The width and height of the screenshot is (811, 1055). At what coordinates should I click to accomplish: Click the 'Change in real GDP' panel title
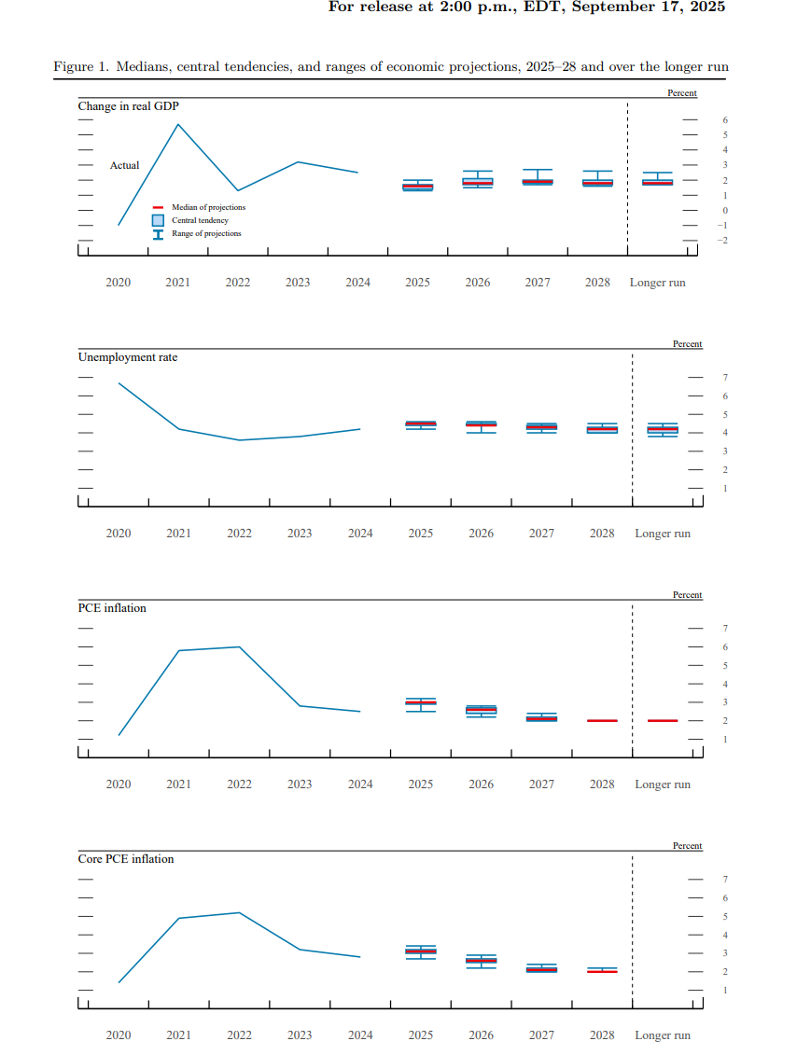point(128,106)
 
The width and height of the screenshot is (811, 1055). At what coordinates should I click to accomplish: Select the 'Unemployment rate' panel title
point(127,357)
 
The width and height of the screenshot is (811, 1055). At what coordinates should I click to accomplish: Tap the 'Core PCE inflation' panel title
point(125,859)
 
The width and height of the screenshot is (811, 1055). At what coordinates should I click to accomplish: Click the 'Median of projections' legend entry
point(208,207)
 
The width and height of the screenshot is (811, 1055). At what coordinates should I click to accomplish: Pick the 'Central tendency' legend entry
point(200,220)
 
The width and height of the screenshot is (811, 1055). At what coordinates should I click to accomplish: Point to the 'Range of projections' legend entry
point(205,233)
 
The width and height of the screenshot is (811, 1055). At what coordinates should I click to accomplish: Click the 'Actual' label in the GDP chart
point(124,165)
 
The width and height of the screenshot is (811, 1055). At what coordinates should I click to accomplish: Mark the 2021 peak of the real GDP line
point(178,124)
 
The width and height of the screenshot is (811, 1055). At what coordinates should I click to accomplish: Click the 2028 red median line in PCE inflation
point(602,721)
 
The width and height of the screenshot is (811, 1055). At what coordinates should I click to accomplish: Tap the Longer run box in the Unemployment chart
point(663,430)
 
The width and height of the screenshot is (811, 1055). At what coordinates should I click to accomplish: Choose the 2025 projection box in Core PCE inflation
point(421,951)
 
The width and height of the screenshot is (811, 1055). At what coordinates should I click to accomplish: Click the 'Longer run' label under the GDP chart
point(657,283)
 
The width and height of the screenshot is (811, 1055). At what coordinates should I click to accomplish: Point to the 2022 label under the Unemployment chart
point(239,534)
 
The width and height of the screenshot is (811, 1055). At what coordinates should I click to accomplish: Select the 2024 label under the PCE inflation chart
point(360,784)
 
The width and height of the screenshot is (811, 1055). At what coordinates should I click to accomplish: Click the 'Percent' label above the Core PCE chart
point(687,846)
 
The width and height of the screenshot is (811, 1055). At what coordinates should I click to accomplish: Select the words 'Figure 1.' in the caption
point(74,67)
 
